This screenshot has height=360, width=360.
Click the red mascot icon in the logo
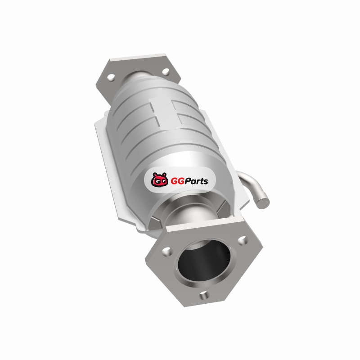click(x=159, y=180)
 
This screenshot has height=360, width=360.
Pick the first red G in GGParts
click(x=174, y=181)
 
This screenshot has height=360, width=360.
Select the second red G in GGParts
click(x=181, y=181)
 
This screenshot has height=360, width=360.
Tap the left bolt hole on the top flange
click(x=111, y=77)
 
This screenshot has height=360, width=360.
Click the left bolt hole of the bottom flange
click(x=166, y=252)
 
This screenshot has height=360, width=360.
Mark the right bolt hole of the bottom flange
click(x=242, y=240)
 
